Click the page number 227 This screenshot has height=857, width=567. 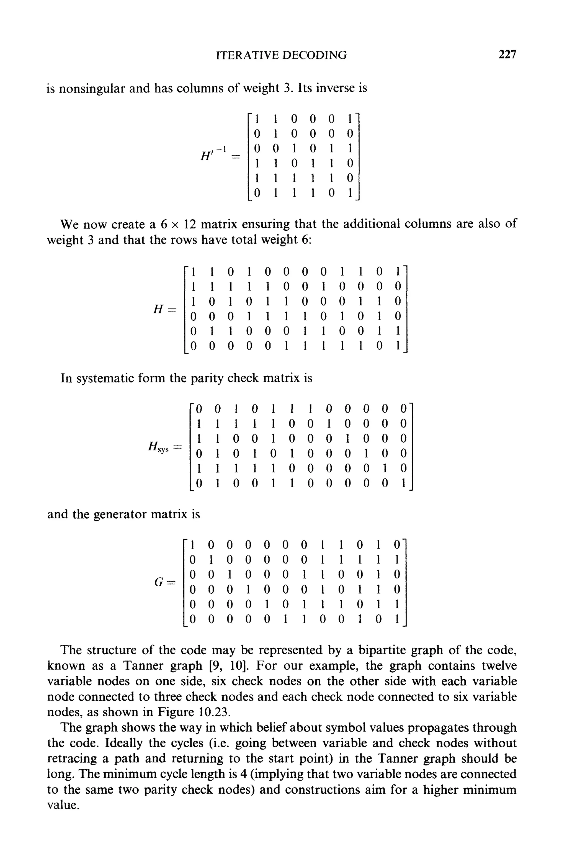click(507, 55)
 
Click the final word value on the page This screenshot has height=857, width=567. click(62, 805)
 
